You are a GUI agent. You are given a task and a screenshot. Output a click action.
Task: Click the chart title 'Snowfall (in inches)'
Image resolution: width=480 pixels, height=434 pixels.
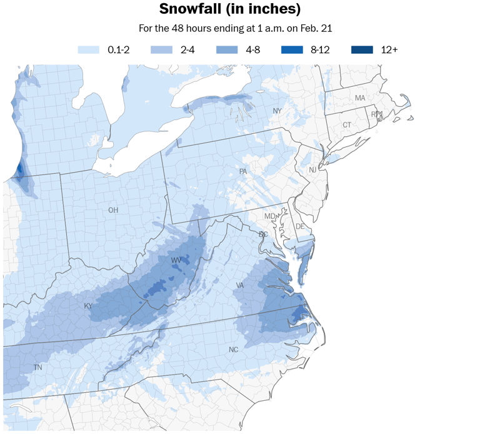(x=230, y=9)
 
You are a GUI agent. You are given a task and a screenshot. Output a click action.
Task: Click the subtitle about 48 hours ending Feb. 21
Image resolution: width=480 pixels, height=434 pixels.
(x=230, y=29)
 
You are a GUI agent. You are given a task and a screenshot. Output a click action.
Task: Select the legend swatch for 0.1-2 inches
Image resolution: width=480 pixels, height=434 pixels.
(x=87, y=49)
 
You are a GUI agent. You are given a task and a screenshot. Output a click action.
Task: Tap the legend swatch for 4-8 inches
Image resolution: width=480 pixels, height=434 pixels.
(x=227, y=49)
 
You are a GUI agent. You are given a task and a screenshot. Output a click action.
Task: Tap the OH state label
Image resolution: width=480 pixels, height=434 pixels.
(x=112, y=210)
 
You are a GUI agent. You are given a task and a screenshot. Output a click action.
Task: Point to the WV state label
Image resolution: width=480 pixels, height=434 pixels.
(x=177, y=260)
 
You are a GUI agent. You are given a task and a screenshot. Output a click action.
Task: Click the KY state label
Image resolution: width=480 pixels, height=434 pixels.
(x=88, y=306)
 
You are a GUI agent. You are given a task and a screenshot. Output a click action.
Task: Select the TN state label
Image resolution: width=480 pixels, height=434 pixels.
(x=37, y=368)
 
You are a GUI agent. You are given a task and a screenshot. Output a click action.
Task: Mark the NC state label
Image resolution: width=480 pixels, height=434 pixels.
(x=233, y=350)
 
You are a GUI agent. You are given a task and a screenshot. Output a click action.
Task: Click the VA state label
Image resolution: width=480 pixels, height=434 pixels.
(x=239, y=285)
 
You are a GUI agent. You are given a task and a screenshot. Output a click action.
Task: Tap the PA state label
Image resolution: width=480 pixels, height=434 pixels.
(x=243, y=171)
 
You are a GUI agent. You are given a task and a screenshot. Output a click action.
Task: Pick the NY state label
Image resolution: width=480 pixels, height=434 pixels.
(x=277, y=111)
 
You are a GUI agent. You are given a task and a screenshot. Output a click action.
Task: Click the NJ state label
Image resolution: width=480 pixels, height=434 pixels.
(x=312, y=170)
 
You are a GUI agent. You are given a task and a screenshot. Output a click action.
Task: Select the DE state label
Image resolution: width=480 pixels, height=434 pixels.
(x=299, y=226)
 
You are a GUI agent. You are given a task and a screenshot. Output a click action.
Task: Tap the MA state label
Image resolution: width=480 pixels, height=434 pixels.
(x=360, y=98)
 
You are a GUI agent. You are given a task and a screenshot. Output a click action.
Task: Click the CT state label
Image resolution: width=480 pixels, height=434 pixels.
(x=347, y=125)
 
